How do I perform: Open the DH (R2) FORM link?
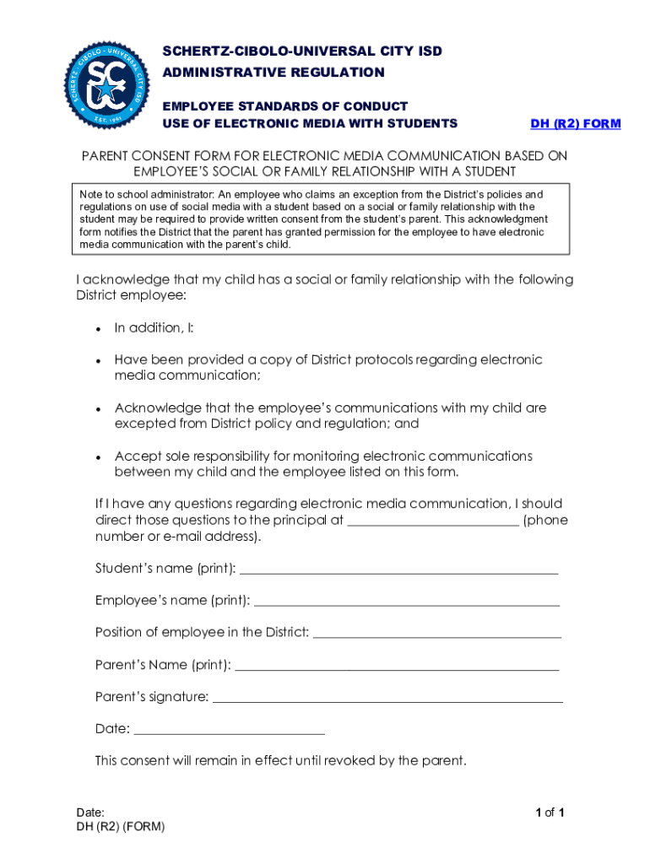[575, 124]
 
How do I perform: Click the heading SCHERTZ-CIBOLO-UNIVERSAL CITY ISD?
[301, 51]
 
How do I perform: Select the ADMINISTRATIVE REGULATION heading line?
[273, 73]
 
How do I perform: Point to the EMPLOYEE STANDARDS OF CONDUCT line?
[284, 106]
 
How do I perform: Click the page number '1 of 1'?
[550, 813]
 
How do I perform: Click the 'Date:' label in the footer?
[90, 813]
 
